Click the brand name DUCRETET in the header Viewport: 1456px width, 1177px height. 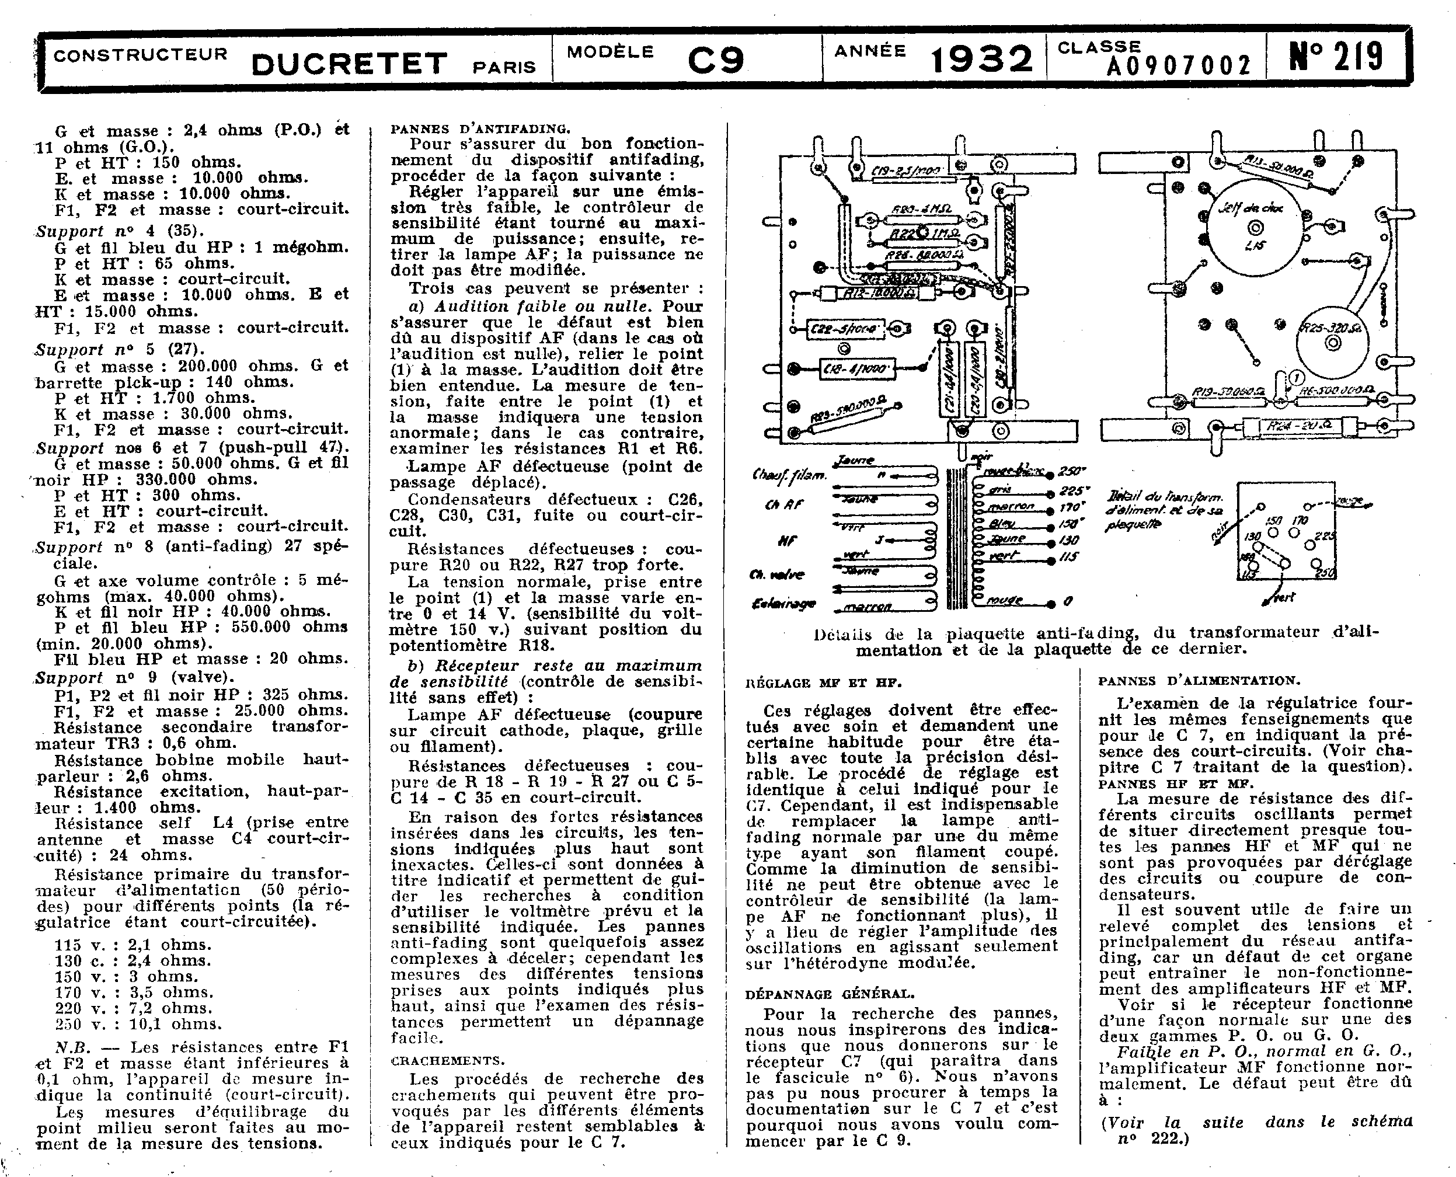(349, 63)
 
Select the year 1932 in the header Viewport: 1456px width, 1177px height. (982, 60)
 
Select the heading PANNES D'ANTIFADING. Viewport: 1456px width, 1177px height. (480, 128)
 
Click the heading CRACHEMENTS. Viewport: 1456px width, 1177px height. (447, 1060)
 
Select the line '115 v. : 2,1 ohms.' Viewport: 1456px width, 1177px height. (134, 945)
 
